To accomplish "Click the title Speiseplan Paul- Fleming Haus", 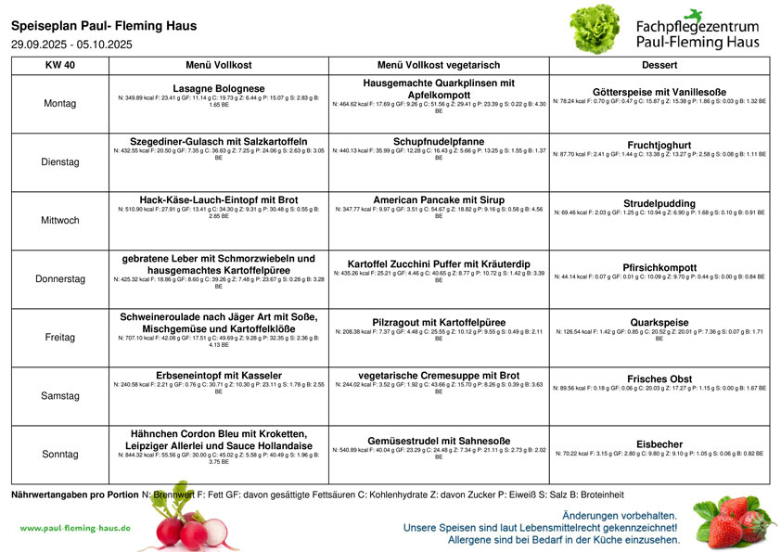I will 104,26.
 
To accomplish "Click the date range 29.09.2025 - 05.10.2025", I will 72,44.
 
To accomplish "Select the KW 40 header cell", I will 60,66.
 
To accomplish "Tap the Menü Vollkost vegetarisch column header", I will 439,66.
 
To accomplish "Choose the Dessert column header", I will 659,66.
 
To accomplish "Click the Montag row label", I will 60,103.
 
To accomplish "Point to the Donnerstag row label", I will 60,278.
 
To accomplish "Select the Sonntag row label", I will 60,455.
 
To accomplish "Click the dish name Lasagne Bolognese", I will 219,88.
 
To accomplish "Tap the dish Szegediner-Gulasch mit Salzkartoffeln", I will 219,141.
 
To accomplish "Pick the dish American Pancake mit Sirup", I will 439,199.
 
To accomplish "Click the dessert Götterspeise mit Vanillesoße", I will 659,92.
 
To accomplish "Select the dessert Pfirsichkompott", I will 659,267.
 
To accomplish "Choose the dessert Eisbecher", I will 659,444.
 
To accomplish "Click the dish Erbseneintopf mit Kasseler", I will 219,376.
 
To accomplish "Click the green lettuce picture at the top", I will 595,29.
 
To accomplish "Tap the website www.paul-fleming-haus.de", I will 75,528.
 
